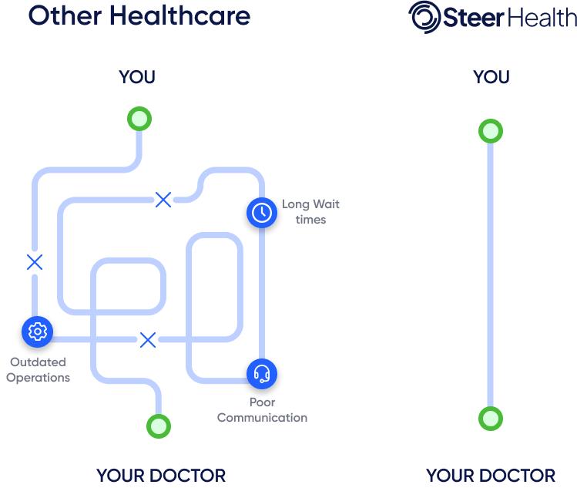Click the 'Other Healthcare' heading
(139, 15)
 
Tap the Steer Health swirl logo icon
(423, 18)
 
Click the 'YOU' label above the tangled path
(137, 77)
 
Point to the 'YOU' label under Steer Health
(491, 77)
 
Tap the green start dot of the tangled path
(139, 119)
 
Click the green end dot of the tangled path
(158, 426)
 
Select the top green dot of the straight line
(490, 131)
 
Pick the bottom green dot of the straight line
(490, 419)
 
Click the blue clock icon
(262, 212)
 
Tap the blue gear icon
(36, 332)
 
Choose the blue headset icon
(262, 374)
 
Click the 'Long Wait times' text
(310, 212)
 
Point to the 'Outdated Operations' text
(38, 370)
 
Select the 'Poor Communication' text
(262, 410)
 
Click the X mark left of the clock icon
(163, 200)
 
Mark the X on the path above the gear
(35, 262)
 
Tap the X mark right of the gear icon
(147, 339)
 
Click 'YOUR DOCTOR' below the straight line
(490, 475)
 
